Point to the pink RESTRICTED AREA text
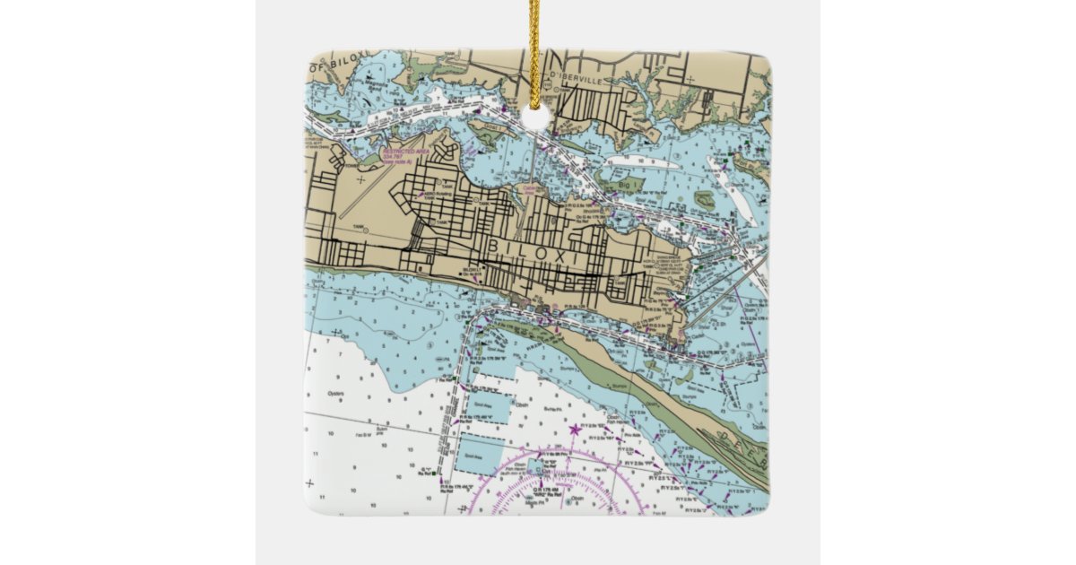tap(405, 153)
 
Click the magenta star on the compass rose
tap(574, 430)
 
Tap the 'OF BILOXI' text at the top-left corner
tap(334, 65)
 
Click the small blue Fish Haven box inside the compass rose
tap(538, 466)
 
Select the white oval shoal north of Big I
tap(643, 163)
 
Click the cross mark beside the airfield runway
tap(360, 180)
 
